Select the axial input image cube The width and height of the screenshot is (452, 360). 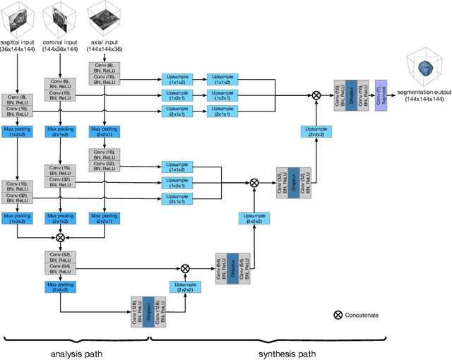pyautogui.click(x=105, y=16)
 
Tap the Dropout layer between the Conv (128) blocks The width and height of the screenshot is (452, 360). pyautogui.click(x=149, y=311)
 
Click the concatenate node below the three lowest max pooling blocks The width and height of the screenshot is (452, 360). pyautogui.click(x=60, y=238)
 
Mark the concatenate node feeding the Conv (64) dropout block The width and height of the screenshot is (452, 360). pyautogui.click(x=185, y=268)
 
